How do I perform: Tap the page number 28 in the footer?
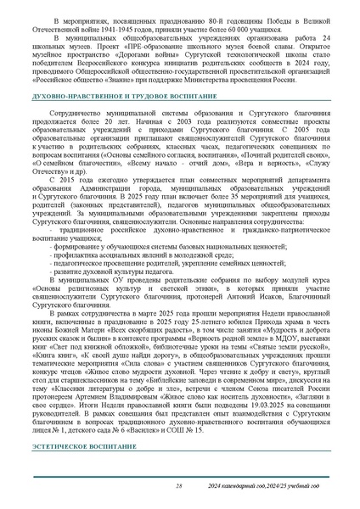[x=179, y=485]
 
